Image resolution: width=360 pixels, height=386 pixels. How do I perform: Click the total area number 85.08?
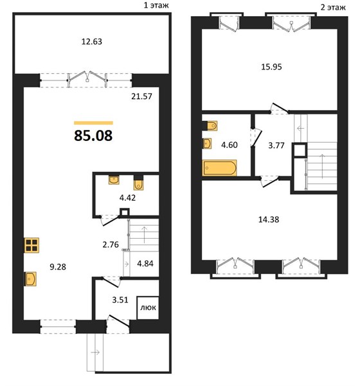coord(93,136)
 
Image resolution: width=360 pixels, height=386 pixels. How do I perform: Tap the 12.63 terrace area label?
coord(91,42)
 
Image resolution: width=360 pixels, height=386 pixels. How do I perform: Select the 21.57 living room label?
coord(141,96)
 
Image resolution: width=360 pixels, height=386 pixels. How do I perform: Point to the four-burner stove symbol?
coord(32,245)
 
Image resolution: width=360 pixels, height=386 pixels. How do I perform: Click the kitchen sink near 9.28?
coord(30,279)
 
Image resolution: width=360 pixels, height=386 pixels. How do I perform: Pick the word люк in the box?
coord(148,308)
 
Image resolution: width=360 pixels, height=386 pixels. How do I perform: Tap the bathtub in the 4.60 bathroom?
coord(219,168)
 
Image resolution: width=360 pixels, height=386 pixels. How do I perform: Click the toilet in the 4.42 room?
coord(138,183)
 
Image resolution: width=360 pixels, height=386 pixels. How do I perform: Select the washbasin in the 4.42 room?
coord(114,180)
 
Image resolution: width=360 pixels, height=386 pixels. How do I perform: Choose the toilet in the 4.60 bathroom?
coord(210,125)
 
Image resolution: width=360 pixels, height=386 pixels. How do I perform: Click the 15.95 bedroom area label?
coord(271,67)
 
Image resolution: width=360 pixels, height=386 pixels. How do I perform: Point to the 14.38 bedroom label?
coord(269,219)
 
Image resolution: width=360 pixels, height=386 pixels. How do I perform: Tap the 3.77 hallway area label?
coord(276,145)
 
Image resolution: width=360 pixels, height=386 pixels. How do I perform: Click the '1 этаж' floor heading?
coord(156,5)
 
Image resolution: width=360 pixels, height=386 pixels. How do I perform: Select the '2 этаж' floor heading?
coord(333,7)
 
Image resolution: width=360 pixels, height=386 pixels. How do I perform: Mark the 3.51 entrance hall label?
coord(120,300)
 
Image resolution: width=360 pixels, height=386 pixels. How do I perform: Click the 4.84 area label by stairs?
coord(145,264)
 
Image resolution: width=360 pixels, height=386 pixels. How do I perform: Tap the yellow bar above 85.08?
coord(93,123)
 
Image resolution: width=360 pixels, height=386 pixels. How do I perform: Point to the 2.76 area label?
coord(111,244)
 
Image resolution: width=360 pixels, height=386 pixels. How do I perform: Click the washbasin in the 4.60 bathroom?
coord(207,143)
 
